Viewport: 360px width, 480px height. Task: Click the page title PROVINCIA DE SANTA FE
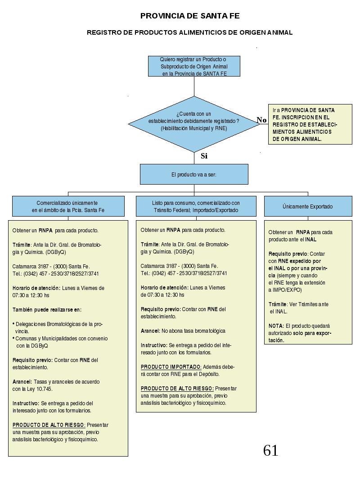point(189,16)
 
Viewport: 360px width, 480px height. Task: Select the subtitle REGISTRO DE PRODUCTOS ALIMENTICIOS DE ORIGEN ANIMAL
point(189,32)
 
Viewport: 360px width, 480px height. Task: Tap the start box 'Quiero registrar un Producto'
point(194,66)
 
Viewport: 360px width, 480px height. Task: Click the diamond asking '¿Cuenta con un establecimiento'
point(194,124)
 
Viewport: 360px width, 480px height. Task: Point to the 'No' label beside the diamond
point(261,120)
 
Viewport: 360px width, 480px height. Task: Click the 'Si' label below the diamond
point(204,156)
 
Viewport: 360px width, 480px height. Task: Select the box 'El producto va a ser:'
point(194,174)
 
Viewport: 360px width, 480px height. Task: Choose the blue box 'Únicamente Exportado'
point(308,206)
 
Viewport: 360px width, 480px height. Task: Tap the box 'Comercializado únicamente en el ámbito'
point(68,206)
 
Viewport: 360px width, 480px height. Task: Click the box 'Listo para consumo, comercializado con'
point(196,206)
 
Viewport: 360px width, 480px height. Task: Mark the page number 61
point(271,451)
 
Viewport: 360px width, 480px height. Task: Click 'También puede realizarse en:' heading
point(47,310)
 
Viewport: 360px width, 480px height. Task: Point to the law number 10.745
point(45,389)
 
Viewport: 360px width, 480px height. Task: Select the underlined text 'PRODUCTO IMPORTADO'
point(171,367)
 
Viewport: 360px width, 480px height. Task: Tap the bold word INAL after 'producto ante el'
point(311,240)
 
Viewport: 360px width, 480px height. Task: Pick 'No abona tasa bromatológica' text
point(193,331)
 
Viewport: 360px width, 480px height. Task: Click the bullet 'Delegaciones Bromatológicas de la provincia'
point(58,327)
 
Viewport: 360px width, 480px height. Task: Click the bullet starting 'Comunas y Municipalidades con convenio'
point(60,342)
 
